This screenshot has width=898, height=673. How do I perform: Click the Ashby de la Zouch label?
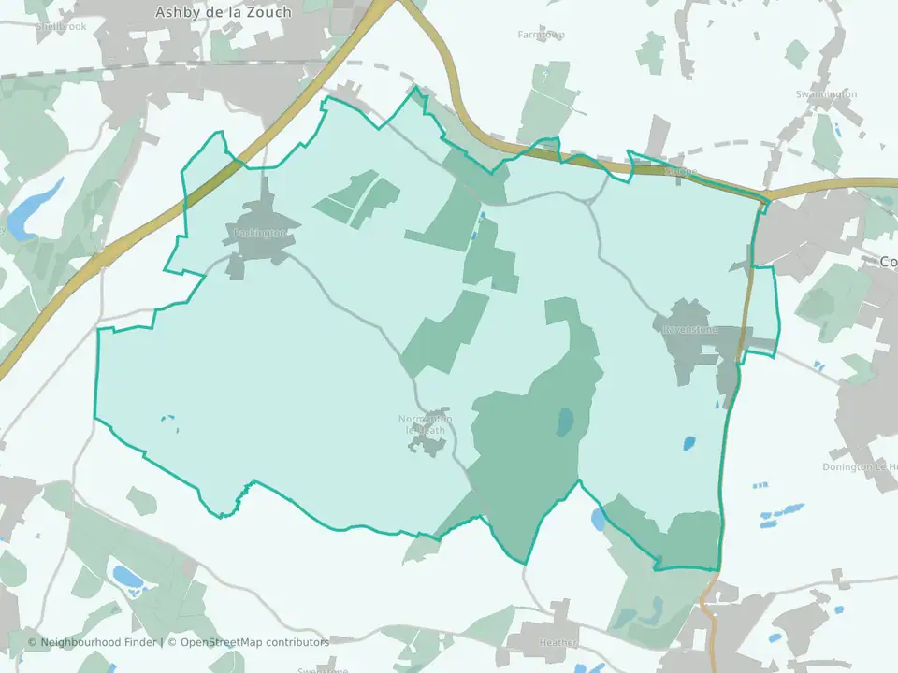coord(224,12)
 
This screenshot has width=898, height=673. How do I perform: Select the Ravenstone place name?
coord(689,330)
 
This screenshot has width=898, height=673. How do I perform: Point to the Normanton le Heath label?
coord(425,423)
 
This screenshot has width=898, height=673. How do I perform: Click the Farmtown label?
coord(541,35)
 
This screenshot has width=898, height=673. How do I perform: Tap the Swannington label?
coord(826,94)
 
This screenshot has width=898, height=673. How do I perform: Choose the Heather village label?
coord(558,643)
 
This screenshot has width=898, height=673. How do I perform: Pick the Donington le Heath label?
coord(860,466)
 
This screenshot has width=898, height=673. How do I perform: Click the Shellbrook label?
coord(62,27)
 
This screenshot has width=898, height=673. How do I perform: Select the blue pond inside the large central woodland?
coord(565,422)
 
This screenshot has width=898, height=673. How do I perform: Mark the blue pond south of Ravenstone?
coord(689,442)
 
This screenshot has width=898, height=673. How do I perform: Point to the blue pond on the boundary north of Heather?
coord(598,519)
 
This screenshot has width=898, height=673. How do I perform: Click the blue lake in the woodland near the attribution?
coord(126,576)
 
